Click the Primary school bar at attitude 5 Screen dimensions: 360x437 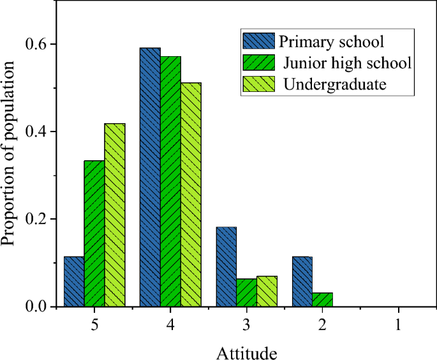[x=74, y=281]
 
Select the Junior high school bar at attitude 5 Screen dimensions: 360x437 [x=94, y=234]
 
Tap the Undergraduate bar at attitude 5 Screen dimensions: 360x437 [x=115, y=215]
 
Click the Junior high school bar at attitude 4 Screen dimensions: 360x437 [x=170, y=181]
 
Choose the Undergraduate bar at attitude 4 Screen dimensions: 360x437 [x=191, y=195]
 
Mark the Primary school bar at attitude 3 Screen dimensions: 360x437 [x=226, y=267]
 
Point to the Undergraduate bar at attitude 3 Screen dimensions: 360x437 [x=267, y=291]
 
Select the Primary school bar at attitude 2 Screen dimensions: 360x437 [x=302, y=281]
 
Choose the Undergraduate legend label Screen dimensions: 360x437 [x=336, y=84]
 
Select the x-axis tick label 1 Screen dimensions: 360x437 [x=398, y=324]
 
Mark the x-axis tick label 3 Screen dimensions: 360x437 [x=246, y=324]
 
